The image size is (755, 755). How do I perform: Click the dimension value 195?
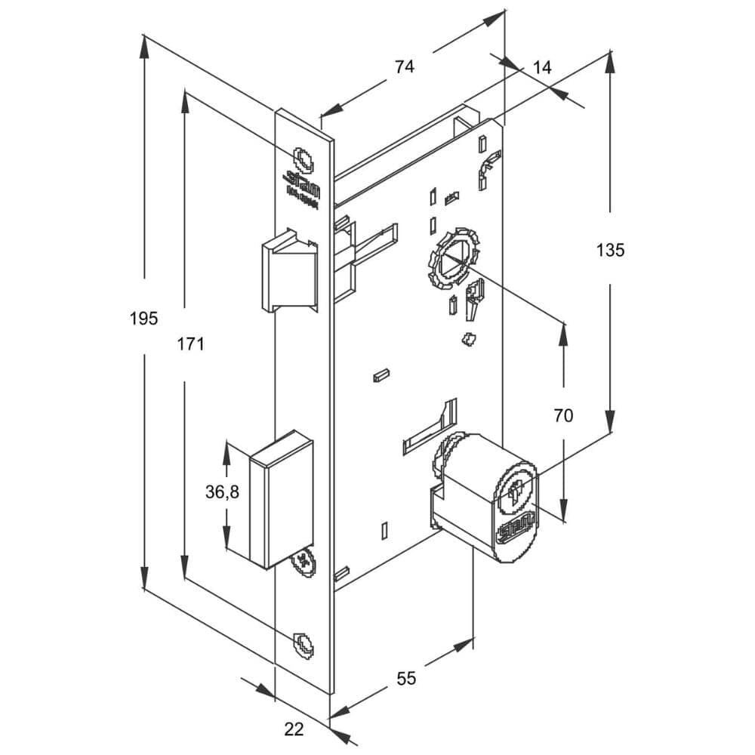143,319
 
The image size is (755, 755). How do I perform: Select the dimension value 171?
191,344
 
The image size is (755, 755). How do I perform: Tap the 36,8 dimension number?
222,492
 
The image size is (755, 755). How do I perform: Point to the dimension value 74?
405,66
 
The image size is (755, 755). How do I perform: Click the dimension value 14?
542,67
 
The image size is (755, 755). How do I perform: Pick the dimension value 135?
610,250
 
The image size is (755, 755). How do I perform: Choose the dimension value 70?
563,414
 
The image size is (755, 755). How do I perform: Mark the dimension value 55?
406,679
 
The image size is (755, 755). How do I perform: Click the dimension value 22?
294,729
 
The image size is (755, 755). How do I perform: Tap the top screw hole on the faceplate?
304,159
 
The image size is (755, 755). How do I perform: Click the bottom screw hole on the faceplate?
304,643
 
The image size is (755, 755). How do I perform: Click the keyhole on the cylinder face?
516,492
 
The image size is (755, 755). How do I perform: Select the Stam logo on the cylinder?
516,526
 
